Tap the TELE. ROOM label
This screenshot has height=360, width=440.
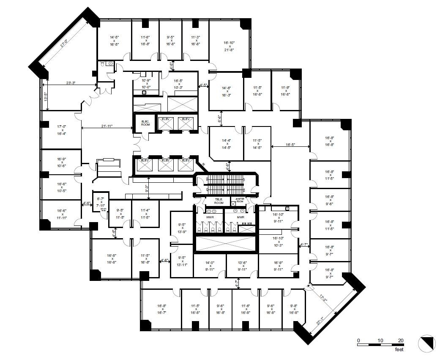[x=219, y=201]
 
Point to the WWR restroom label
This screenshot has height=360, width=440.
[x=210, y=217]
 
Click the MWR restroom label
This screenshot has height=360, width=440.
[x=240, y=217]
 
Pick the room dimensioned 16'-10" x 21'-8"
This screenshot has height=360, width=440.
[x=229, y=46]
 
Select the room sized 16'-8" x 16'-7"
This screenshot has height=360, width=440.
[x=161, y=309]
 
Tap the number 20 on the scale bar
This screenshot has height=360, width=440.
[x=401, y=340]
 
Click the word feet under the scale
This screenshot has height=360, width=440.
[x=399, y=349]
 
